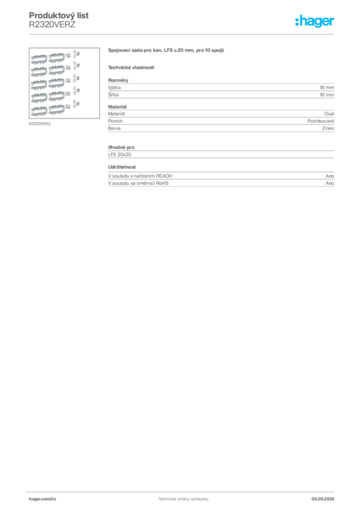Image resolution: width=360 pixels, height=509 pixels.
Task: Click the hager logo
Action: [x=315, y=21]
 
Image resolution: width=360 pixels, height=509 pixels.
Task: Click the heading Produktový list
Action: [x=59, y=15]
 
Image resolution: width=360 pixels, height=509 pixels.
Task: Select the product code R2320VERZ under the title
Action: [x=52, y=24]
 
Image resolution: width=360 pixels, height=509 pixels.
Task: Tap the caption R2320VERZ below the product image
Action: [x=40, y=124]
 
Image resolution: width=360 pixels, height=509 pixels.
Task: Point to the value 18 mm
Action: [x=327, y=87]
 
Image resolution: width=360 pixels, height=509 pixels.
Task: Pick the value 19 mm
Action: [x=327, y=95]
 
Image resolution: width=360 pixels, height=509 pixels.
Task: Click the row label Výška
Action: [x=114, y=87]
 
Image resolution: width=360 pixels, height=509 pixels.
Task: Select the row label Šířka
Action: [x=113, y=95]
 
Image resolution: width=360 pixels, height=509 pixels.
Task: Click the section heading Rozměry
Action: [x=118, y=80]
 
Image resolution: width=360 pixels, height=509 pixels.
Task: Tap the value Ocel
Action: [x=329, y=114]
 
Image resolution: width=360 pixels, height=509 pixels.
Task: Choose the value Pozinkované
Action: [x=321, y=121]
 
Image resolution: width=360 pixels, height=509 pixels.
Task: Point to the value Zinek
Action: [x=328, y=128]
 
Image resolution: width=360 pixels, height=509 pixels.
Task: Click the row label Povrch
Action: [x=115, y=121]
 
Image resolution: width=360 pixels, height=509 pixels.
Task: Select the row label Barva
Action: [x=114, y=128]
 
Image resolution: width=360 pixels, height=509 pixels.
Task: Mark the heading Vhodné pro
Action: [x=121, y=147]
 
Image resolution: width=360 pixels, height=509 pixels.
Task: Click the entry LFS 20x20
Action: [x=119, y=155]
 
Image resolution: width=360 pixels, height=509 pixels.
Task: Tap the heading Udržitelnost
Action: [x=122, y=167]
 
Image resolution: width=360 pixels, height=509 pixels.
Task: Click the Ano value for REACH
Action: [x=330, y=176]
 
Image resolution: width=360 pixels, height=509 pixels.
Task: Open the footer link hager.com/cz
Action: [x=43, y=499]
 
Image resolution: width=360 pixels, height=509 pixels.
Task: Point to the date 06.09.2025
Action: [x=323, y=499]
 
